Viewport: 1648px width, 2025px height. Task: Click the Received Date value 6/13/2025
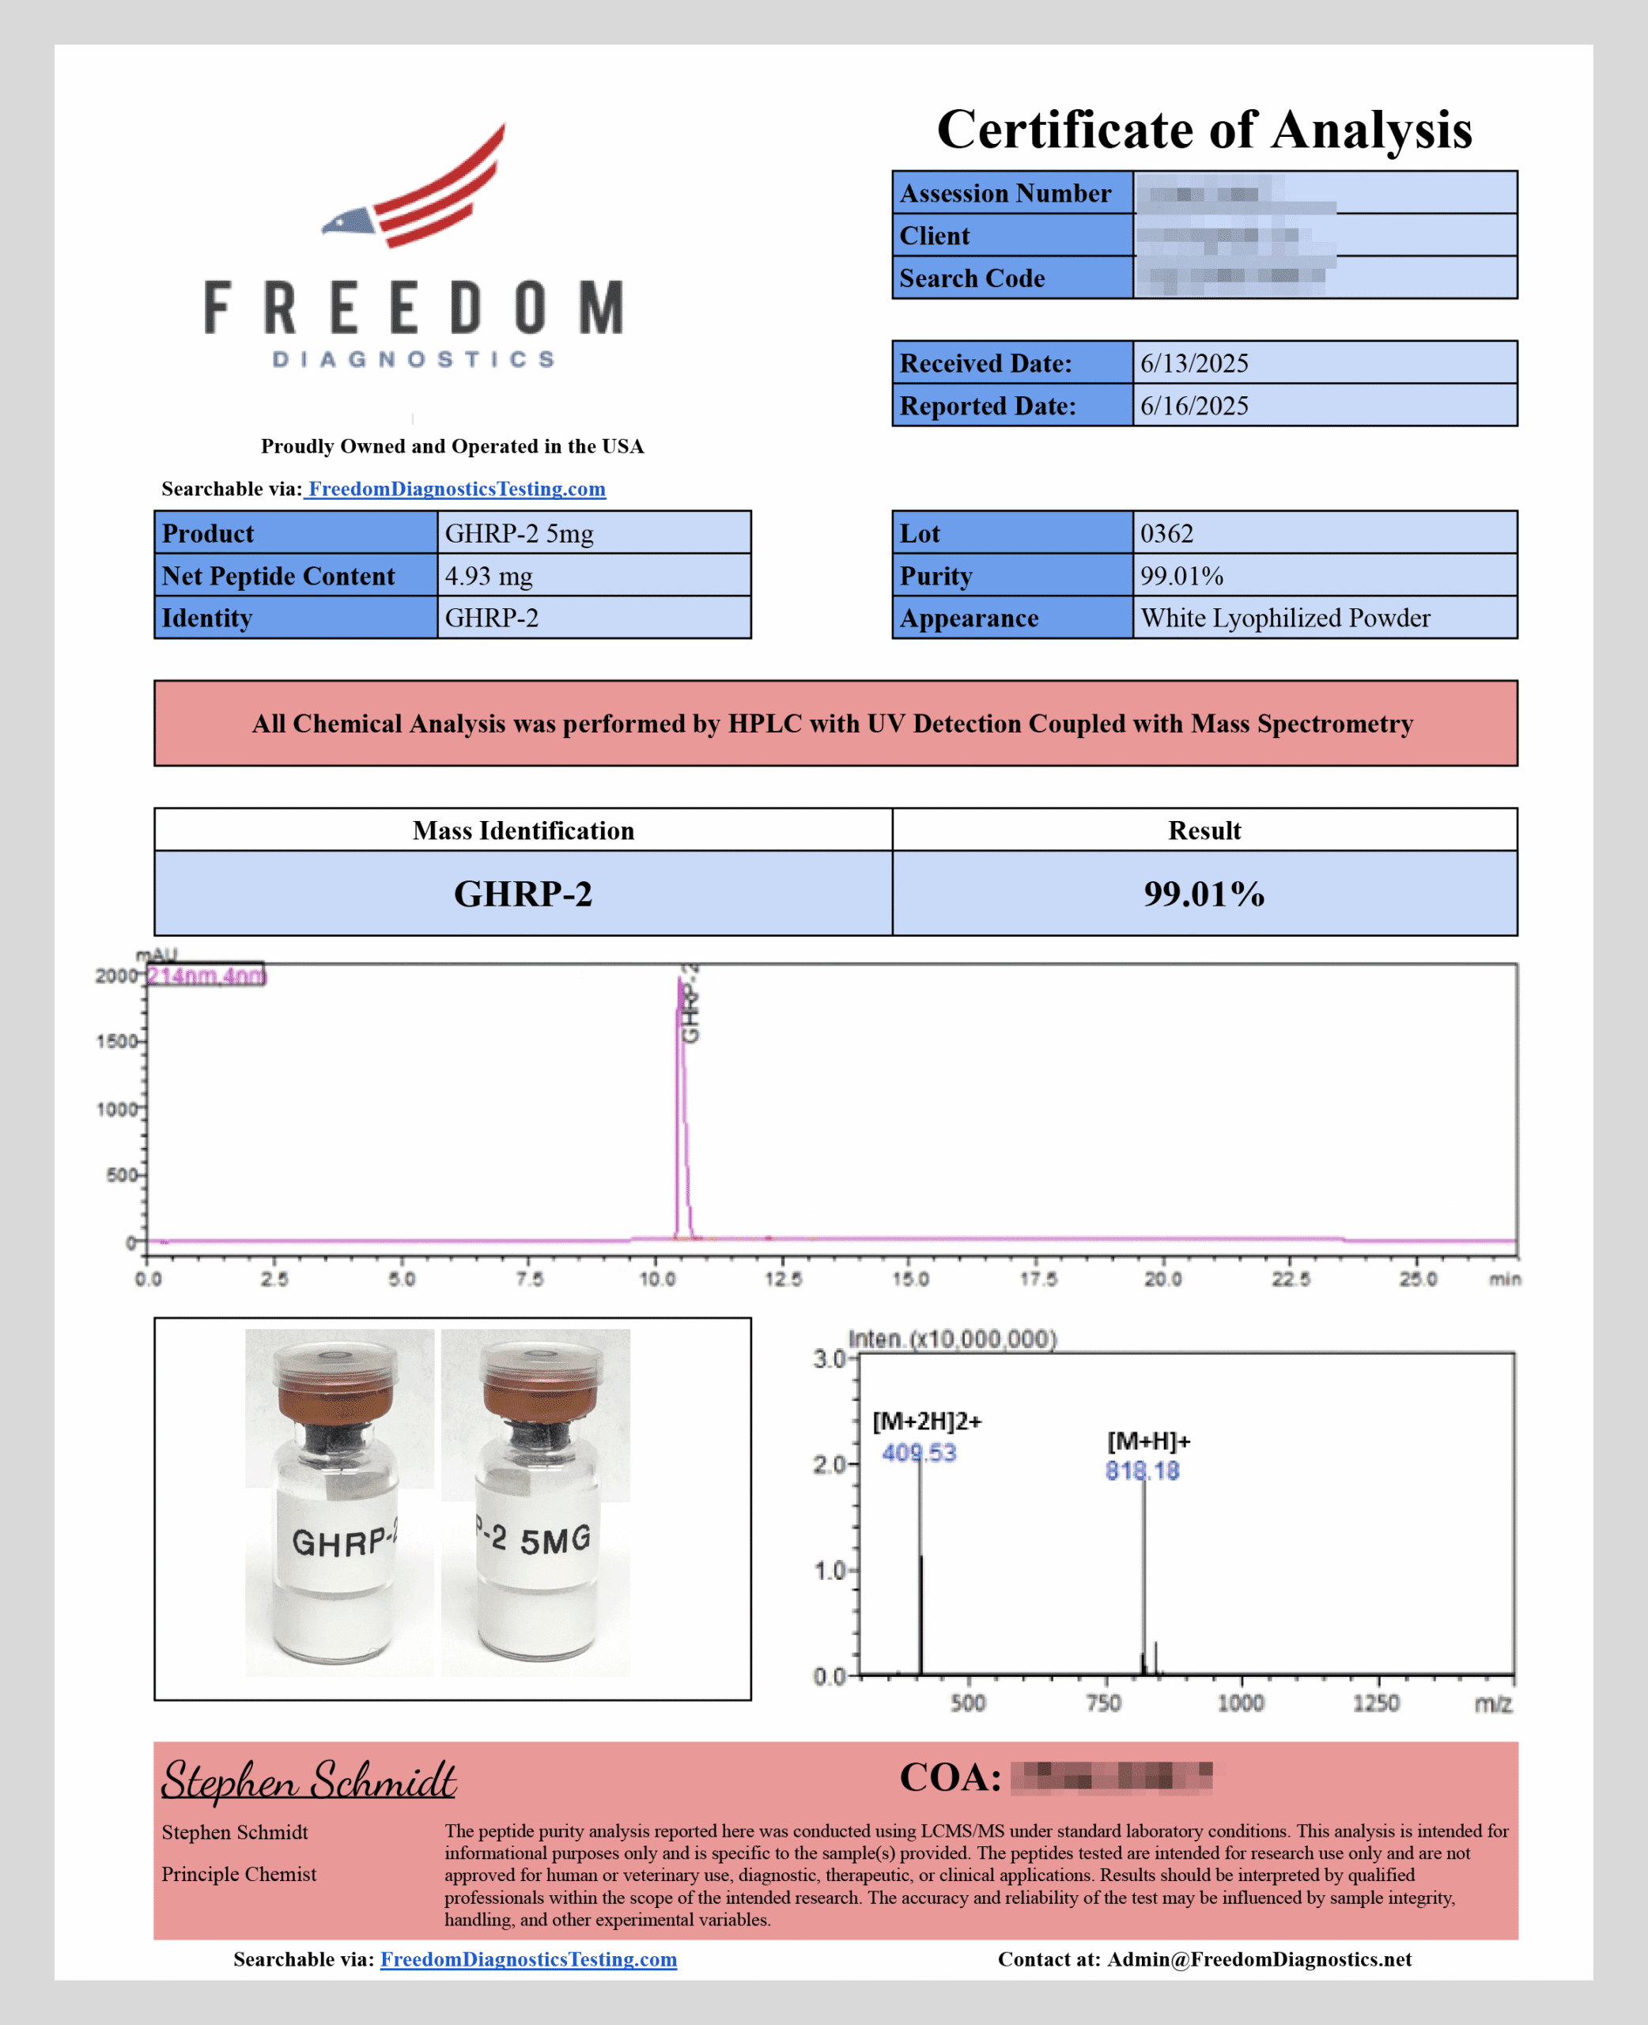click(1193, 364)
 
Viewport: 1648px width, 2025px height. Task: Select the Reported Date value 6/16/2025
click(1193, 407)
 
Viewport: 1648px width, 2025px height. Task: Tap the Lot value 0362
click(1166, 534)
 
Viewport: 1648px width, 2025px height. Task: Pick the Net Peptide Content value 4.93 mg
click(488, 577)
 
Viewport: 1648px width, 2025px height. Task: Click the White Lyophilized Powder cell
click(1284, 618)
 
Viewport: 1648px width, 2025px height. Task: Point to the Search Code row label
click(971, 278)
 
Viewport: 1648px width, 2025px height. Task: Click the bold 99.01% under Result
click(1203, 893)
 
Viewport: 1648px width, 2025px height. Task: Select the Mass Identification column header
click(523, 831)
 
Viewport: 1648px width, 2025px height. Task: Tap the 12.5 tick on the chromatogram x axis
click(783, 1279)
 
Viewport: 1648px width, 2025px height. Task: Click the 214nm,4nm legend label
click(206, 976)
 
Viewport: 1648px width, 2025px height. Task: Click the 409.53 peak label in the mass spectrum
click(918, 1452)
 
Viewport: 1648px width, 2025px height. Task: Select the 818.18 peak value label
click(1141, 1470)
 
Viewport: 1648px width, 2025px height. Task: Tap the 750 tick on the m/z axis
click(1103, 1703)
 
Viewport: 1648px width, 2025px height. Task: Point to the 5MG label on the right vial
click(554, 1540)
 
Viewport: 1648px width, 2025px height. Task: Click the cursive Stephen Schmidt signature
click(308, 1780)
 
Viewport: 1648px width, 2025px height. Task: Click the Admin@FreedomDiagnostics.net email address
click(1259, 1959)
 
